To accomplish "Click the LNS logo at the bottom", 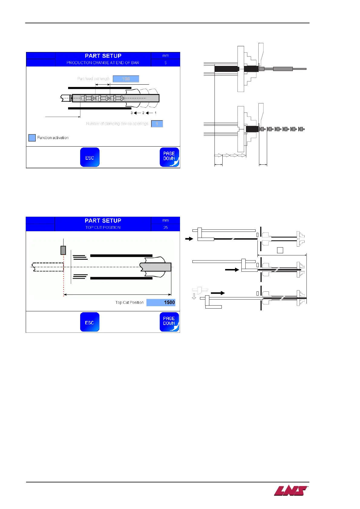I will tap(291, 491).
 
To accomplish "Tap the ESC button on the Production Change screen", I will tap(90, 157).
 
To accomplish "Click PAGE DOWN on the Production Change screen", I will tap(169, 157).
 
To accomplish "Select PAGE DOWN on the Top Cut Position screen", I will tap(169, 322).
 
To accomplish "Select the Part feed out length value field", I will tap(126, 79).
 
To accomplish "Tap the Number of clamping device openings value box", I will tap(157, 124).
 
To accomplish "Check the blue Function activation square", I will tap(32, 138).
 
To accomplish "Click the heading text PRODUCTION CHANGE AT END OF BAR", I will tap(103, 63).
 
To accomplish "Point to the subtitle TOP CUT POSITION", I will tap(103, 228).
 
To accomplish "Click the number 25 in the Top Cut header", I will tap(165, 228).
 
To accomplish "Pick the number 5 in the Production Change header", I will tap(165, 63).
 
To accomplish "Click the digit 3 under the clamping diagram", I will tap(132, 113).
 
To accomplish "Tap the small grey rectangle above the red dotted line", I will tap(63, 250).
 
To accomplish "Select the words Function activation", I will tap(53, 138).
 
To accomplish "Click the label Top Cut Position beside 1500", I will tap(129, 303).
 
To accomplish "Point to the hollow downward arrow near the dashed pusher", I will tap(194, 297).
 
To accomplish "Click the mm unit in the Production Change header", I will tap(165, 56).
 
